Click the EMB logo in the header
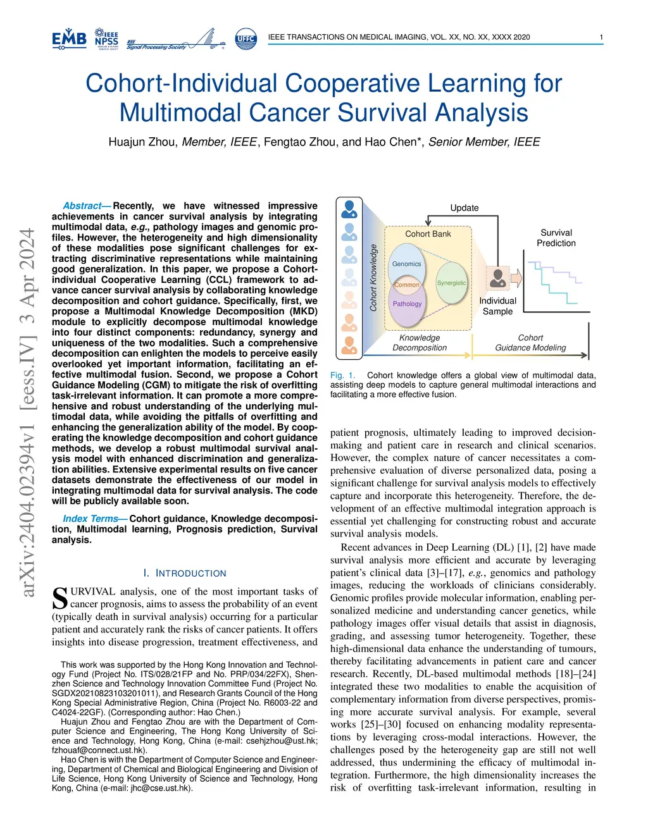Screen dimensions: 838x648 point(69,39)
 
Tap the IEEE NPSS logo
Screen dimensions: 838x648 point(106,39)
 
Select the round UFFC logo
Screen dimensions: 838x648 point(246,39)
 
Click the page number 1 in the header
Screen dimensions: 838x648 point(601,37)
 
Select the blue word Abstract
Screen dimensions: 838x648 point(82,206)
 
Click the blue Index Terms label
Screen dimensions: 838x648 point(90,519)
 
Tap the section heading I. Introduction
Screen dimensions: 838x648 point(185,573)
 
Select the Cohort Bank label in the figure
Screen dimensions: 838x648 point(428,234)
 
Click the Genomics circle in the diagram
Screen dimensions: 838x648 point(406,264)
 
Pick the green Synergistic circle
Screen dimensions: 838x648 point(451,283)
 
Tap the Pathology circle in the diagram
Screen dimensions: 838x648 point(407,304)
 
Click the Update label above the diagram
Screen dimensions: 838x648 point(464,208)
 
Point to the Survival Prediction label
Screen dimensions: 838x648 point(556,238)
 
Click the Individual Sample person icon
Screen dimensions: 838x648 point(498,278)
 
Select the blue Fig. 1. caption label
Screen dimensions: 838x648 point(342,375)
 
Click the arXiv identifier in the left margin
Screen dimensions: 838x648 point(27,411)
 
